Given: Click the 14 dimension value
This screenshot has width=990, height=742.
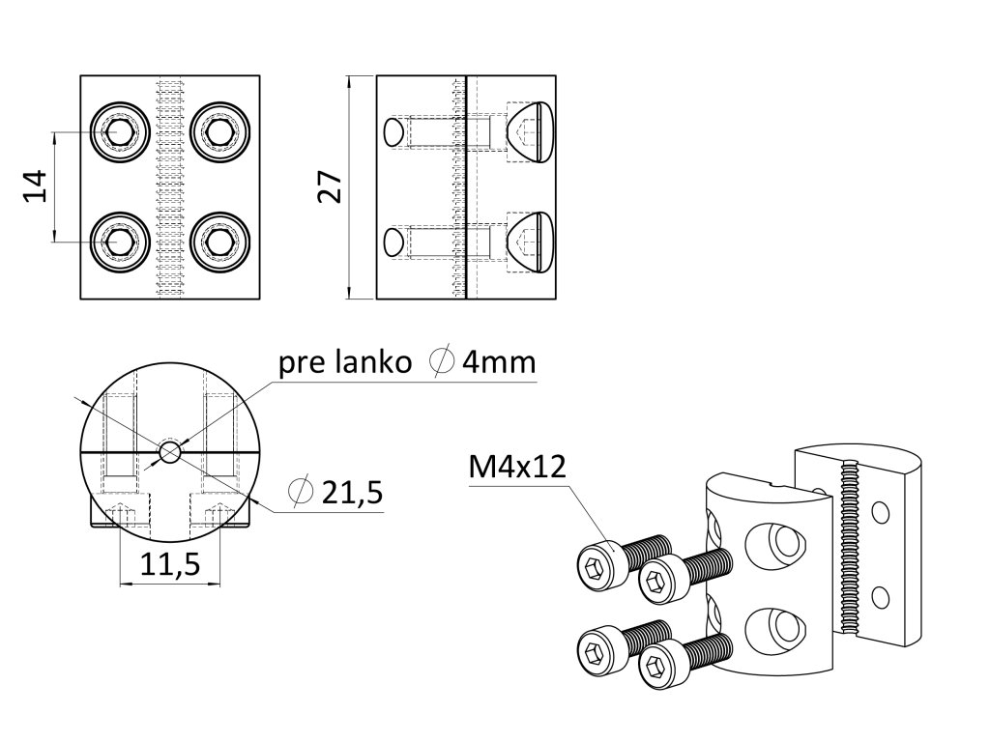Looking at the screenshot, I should tap(36, 185).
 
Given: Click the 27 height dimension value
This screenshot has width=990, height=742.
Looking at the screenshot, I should tap(331, 186).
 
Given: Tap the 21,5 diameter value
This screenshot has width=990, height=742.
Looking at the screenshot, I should tap(352, 493).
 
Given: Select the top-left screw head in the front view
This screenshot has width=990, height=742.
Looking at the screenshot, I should tap(120, 130).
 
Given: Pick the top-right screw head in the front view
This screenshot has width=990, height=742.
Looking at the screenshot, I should tap(221, 130).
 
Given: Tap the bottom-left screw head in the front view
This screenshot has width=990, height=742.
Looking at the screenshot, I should tap(120, 241).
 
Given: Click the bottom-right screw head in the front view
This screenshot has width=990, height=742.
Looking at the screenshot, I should tap(221, 241).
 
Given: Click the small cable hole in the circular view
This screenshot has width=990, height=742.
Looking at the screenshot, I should tap(170, 451).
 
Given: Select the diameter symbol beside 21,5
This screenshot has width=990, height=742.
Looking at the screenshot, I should tap(301, 492).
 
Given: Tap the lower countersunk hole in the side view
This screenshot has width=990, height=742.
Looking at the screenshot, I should tap(531, 241).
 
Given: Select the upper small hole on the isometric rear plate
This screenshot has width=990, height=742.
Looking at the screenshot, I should tap(880, 509).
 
